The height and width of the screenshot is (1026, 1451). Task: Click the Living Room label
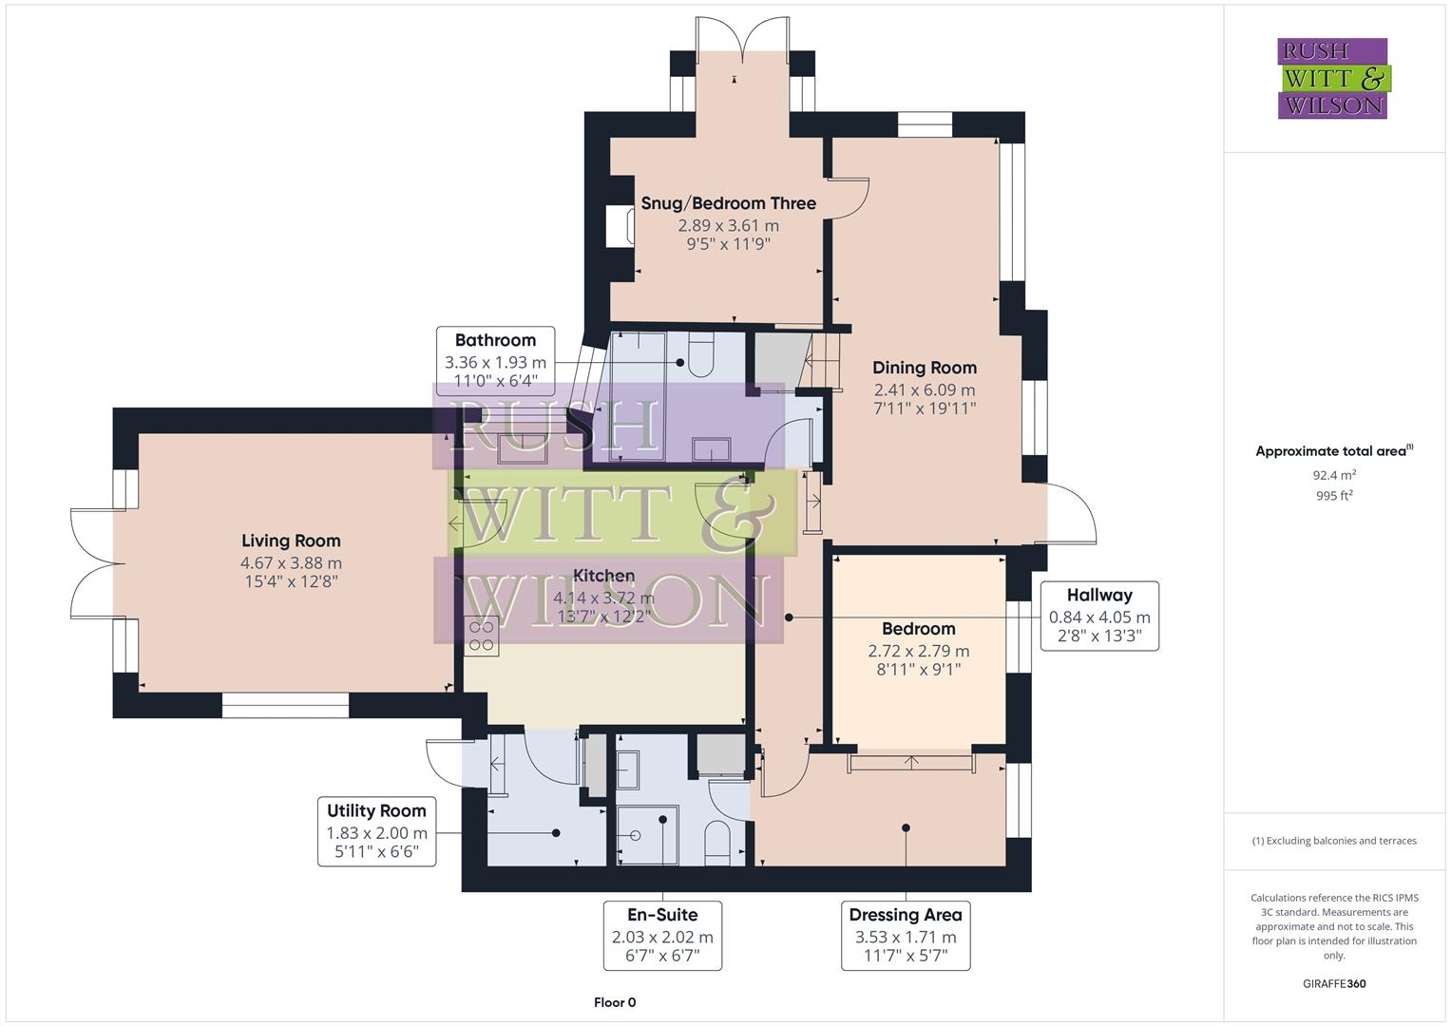point(291,541)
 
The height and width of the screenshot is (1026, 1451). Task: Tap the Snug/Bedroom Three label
point(728,203)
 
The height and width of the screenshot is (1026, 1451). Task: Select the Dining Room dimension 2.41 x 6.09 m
point(924,389)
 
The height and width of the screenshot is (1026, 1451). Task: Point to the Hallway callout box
point(1099,616)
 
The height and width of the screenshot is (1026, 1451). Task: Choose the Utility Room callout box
point(376,832)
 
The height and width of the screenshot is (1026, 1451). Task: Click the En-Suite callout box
point(662,935)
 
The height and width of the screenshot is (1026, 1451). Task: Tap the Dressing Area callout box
point(905,935)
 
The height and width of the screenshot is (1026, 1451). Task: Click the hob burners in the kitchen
point(482,636)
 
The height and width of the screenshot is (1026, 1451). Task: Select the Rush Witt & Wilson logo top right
point(1332,78)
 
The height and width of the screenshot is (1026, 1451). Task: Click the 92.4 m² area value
point(1334,475)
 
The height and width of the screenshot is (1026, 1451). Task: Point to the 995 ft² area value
point(1334,496)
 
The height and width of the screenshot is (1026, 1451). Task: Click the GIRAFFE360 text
point(1334,983)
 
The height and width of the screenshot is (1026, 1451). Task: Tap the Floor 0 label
point(615,1002)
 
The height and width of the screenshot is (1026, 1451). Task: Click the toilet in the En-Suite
point(716,841)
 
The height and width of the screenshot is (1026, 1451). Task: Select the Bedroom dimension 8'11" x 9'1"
point(918,670)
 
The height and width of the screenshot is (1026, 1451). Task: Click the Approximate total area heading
point(1333,451)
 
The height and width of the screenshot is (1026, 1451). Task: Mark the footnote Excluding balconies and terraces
point(1334,841)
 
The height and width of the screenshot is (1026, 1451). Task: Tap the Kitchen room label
point(604,576)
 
